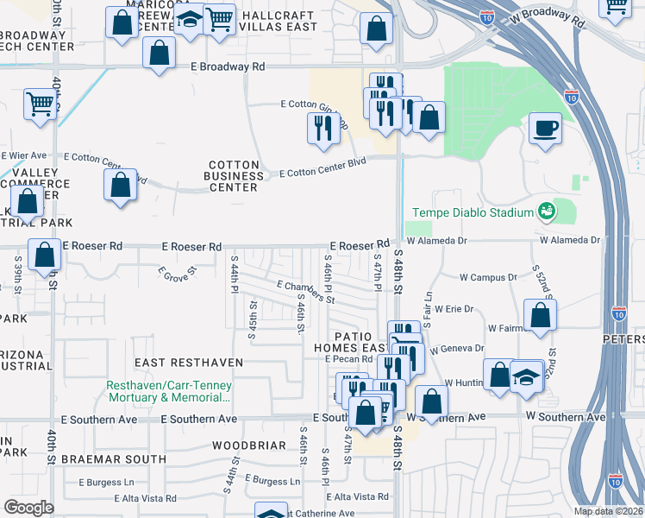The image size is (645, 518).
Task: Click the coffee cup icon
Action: pos(545,129)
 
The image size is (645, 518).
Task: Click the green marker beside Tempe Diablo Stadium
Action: pos(545,210)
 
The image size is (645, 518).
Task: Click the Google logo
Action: pos(28,508)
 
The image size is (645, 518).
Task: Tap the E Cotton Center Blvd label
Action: pos(323,173)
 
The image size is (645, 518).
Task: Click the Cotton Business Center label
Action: pos(234,175)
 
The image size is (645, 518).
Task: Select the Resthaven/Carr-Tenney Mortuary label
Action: pos(169,392)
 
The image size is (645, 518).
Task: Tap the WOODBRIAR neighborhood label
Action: pos(249,445)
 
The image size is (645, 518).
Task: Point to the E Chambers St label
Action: pos(304,292)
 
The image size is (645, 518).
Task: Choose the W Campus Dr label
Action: pos(487,278)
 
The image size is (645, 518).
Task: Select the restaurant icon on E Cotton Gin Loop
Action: pos(321,129)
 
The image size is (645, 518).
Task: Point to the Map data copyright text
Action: pos(607,511)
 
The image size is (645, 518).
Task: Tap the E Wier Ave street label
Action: pos(24,155)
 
